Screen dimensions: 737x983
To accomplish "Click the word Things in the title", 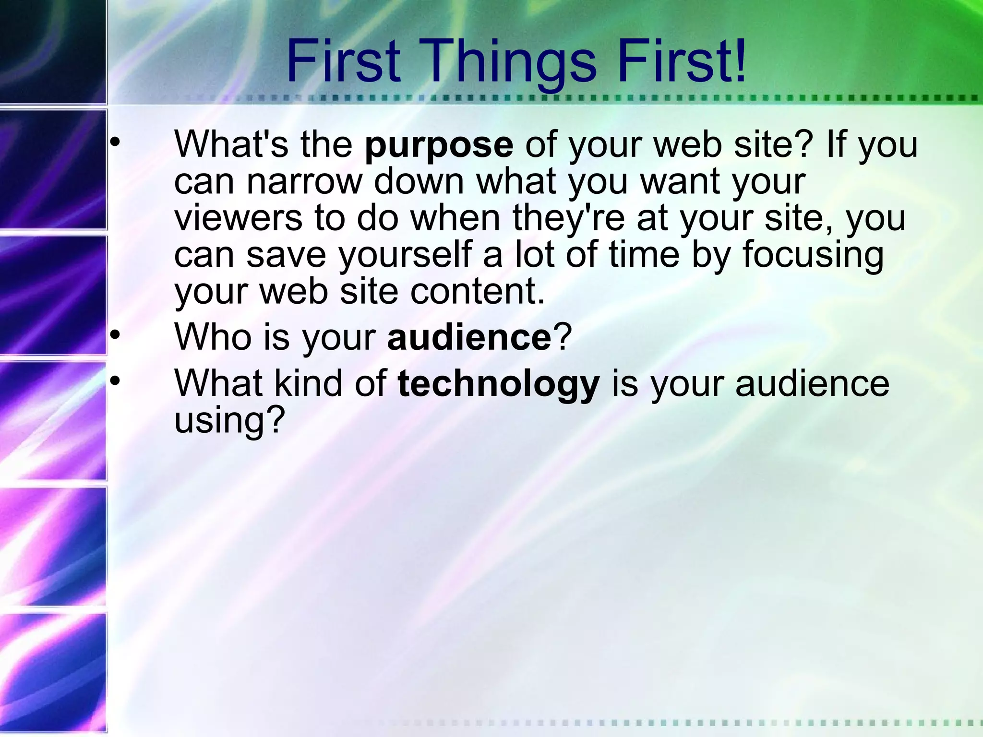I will coord(510,62).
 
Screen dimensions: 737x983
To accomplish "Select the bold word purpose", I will coord(439,145).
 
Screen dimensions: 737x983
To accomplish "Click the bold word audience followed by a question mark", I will coord(469,337).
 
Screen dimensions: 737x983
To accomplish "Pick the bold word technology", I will coord(499,385).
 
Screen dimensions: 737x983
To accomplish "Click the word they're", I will coord(569,218).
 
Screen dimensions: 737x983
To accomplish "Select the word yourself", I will coord(405,255).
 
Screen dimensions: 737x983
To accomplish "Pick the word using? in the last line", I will coord(229,420).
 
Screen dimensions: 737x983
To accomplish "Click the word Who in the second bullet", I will coord(213,337).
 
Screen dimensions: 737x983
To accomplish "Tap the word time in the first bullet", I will coord(644,254).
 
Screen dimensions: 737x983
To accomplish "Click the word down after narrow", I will coord(419,181).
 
